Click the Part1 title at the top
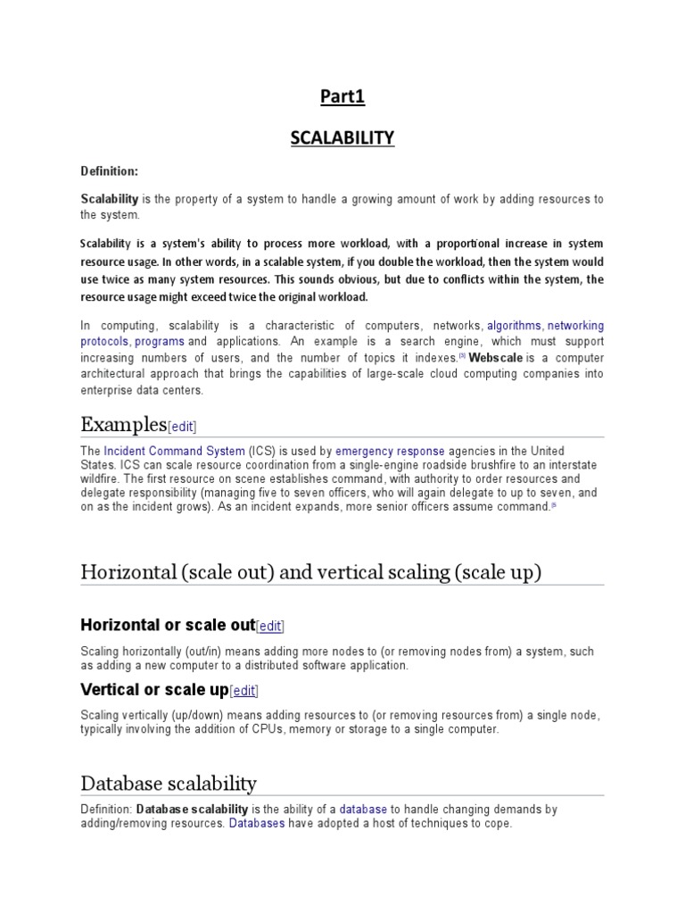[x=342, y=98]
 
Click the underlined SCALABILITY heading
[x=342, y=137]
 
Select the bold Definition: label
[x=109, y=170]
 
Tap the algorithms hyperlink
[x=514, y=326]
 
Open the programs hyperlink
[x=160, y=341]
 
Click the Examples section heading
[x=123, y=423]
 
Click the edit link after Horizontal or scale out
[x=270, y=627]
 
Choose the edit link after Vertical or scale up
[x=244, y=691]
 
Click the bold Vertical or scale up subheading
[x=154, y=690]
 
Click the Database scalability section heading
[x=169, y=783]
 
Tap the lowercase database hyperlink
[x=363, y=809]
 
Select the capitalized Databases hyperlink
[x=257, y=823]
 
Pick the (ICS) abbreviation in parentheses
[x=263, y=451]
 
